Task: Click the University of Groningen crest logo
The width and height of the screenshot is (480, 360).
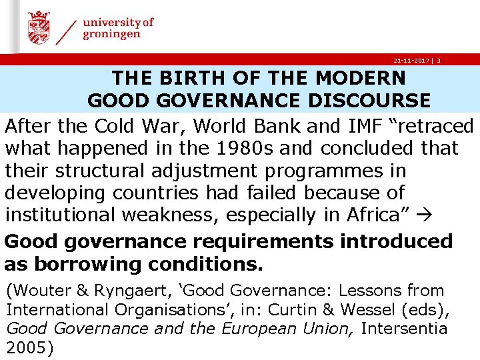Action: (39, 28)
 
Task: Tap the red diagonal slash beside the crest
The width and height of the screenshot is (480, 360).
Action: (65, 30)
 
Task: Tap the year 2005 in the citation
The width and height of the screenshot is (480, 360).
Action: (27, 347)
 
